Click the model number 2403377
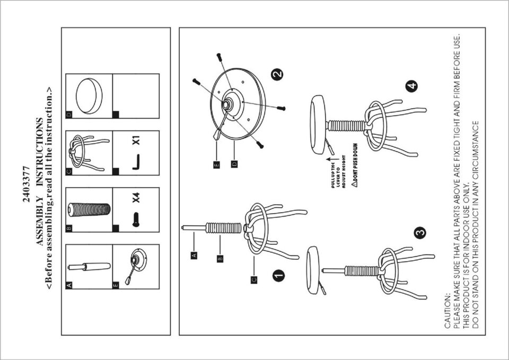point(27,184)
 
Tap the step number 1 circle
point(278,276)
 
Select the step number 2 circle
point(277,74)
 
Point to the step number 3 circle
point(420,232)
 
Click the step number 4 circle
point(411,86)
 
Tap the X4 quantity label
point(136,198)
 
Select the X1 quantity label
point(136,140)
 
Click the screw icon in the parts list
point(136,219)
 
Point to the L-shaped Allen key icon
point(136,162)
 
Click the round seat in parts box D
point(89,96)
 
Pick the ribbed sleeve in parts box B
point(89,210)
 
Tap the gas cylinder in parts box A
point(89,267)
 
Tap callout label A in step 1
point(194,255)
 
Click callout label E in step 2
point(216,164)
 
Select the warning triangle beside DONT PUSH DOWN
point(355,184)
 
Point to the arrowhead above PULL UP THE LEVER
point(329,160)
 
